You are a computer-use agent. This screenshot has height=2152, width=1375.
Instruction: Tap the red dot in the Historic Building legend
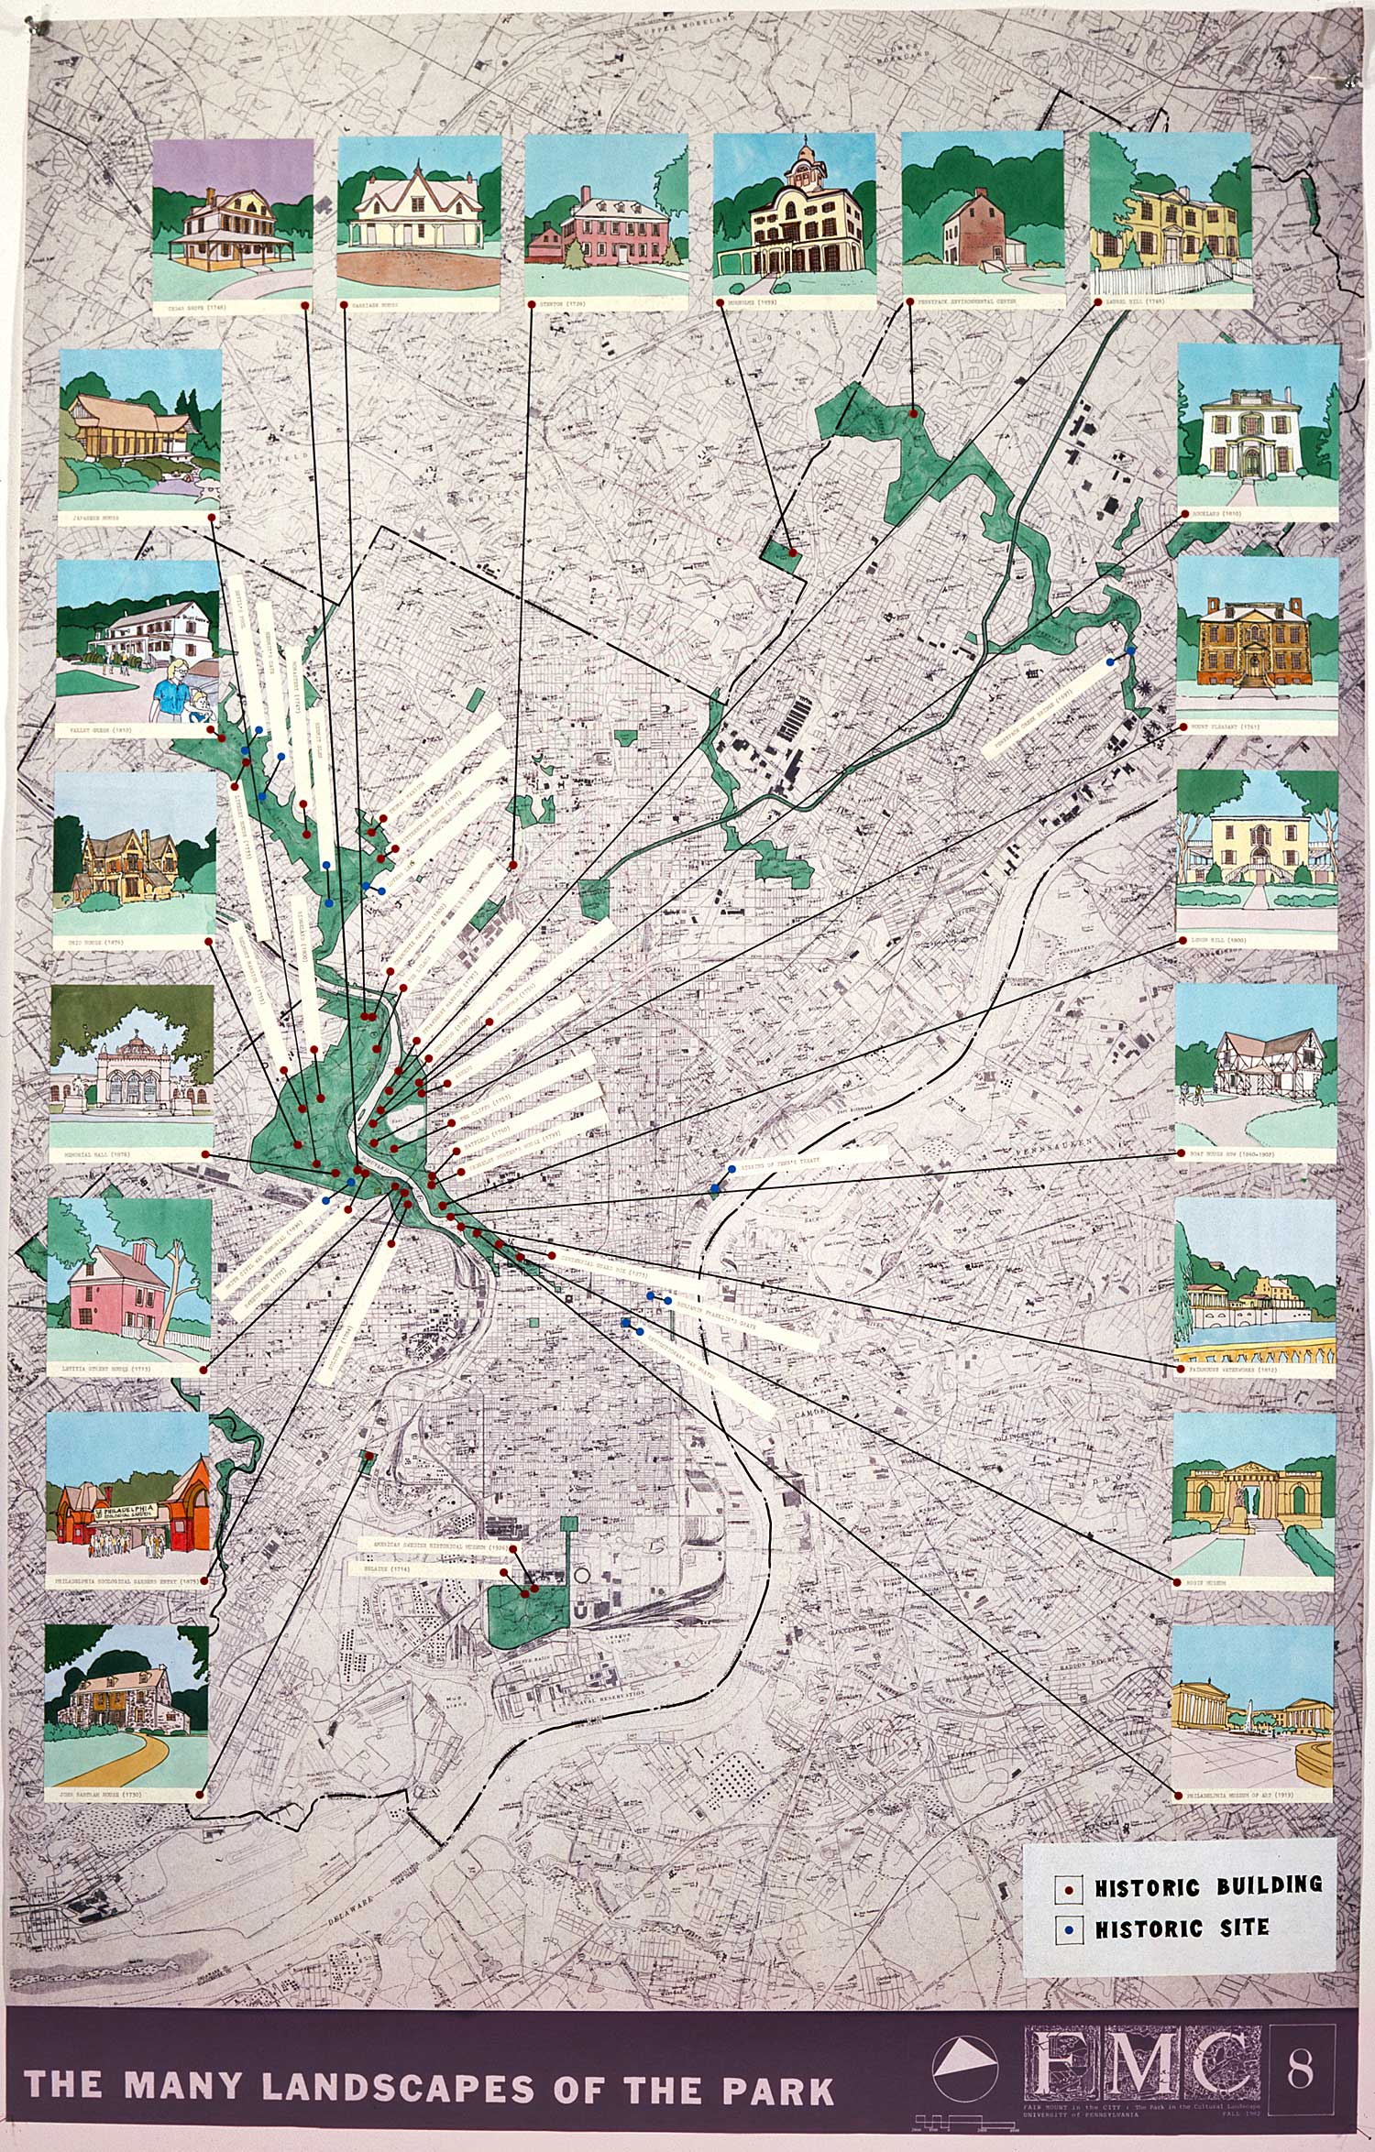click(x=1070, y=1887)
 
